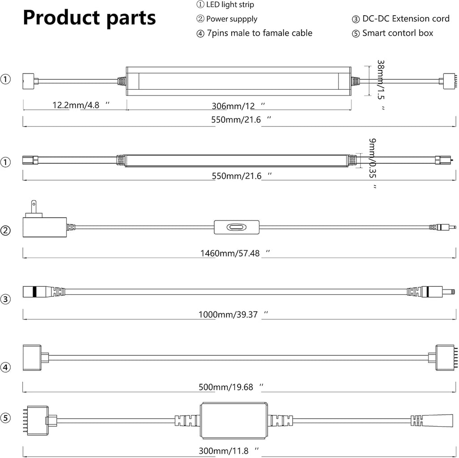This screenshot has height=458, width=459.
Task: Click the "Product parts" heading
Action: point(89,18)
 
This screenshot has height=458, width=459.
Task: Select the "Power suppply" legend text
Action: point(227,19)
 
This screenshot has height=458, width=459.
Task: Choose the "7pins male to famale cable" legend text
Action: point(254,33)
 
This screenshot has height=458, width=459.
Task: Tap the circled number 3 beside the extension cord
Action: point(5,299)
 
